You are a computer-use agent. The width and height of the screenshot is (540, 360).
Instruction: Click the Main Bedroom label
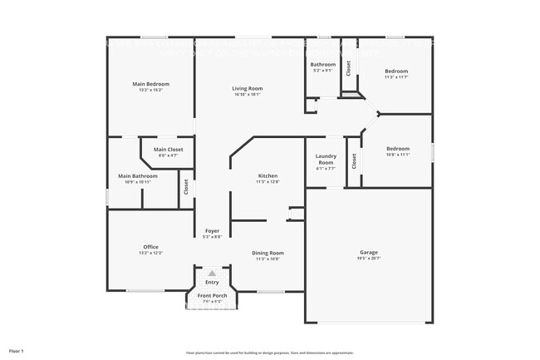(151, 84)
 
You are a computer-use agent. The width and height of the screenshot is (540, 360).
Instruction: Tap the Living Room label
(247, 88)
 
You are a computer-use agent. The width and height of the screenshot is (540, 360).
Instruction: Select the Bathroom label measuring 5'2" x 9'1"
(323, 64)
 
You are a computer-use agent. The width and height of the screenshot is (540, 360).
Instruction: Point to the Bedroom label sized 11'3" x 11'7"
(396, 72)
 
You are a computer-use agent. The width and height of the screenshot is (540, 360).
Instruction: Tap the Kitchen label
(268, 175)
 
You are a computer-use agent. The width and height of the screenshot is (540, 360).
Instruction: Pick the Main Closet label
(168, 150)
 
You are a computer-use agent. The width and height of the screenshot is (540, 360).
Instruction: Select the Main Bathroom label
(137, 175)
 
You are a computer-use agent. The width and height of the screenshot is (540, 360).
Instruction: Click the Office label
(150, 247)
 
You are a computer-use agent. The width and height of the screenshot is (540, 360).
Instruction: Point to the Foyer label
(212, 231)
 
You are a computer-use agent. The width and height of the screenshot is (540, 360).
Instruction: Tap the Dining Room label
(268, 253)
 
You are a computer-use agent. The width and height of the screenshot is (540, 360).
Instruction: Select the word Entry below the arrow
(212, 283)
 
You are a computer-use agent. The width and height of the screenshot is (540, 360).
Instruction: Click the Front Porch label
(212, 296)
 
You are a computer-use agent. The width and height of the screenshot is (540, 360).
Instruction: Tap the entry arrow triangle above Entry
(212, 273)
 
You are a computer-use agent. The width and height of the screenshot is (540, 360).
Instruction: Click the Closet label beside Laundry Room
(354, 160)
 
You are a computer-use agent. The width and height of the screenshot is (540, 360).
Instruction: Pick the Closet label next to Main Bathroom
(186, 187)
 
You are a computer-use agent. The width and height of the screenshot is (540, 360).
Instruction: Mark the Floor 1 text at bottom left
(17, 351)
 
